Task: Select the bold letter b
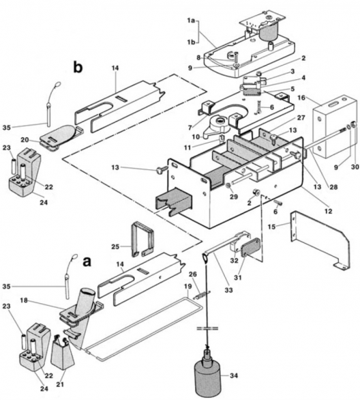pyautogui.click(x=80, y=68)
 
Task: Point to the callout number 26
pyautogui.click(x=192, y=274)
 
